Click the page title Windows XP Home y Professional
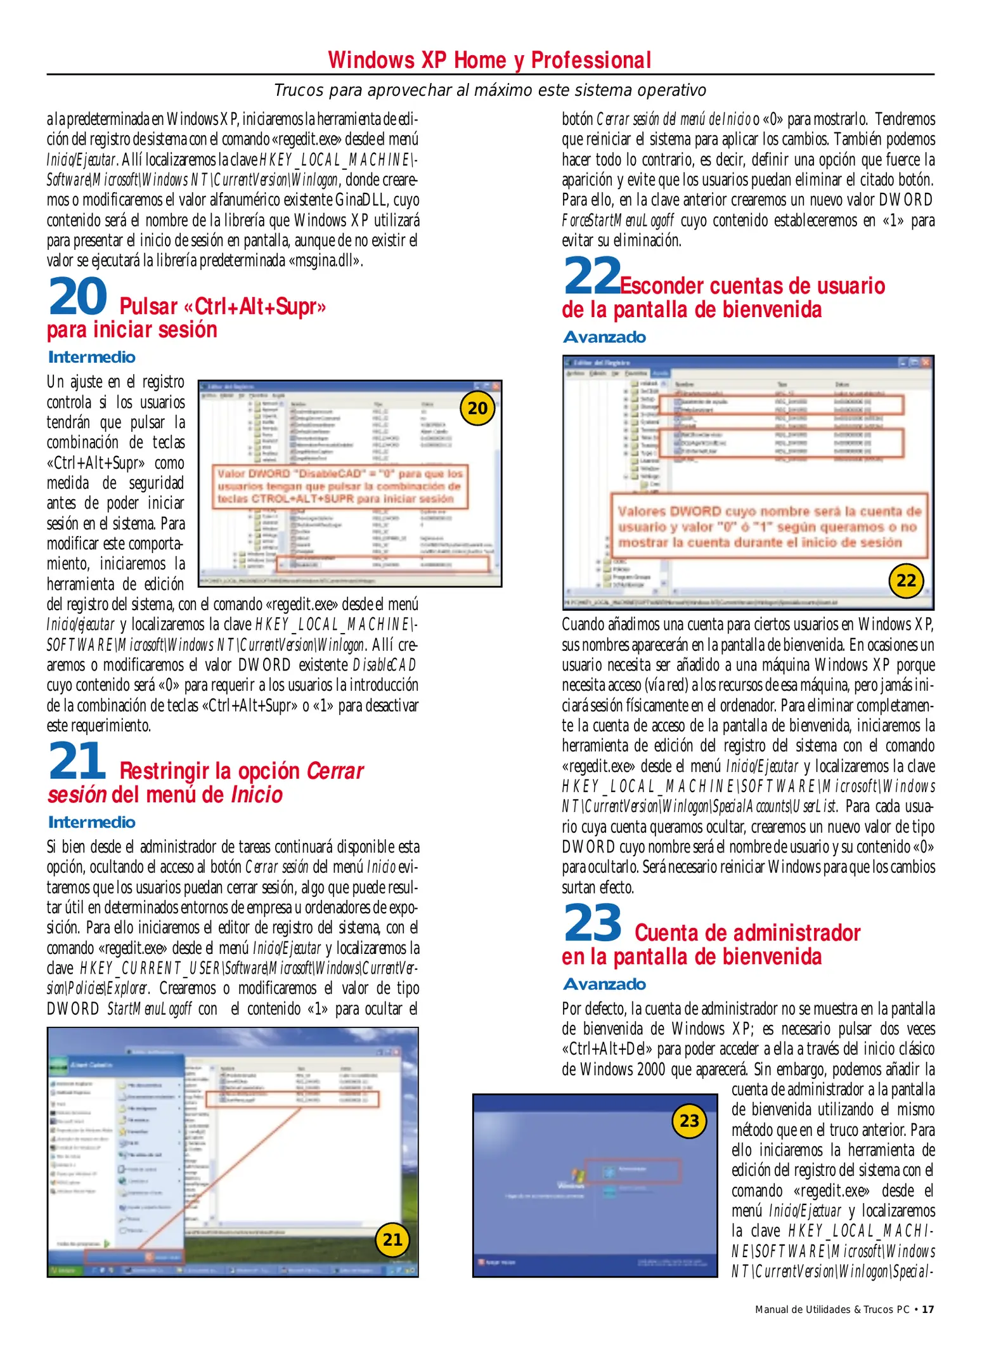[x=489, y=60]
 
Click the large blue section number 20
[x=78, y=297]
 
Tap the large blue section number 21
[x=77, y=761]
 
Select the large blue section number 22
[x=592, y=276]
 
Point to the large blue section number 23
[x=593, y=923]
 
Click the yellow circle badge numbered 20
[x=477, y=408]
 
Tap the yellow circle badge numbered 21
[x=392, y=1239]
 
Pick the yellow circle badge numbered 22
[x=906, y=580]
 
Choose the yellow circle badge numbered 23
[x=689, y=1121]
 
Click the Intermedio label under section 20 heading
[x=92, y=357]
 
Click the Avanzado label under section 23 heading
[x=604, y=984]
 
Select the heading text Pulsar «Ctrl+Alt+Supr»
[x=223, y=306]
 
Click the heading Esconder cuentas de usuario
[x=752, y=285]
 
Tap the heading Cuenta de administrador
[x=747, y=932]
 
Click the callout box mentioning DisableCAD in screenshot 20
[x=340, y=486]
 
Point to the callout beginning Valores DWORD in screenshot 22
[x=768, y=526]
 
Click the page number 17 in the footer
[x=927, y=1309]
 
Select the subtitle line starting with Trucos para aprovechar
[x=489, y=90]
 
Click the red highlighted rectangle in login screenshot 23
[x=632, y=1171]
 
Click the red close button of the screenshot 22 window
[x=926, y=362]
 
